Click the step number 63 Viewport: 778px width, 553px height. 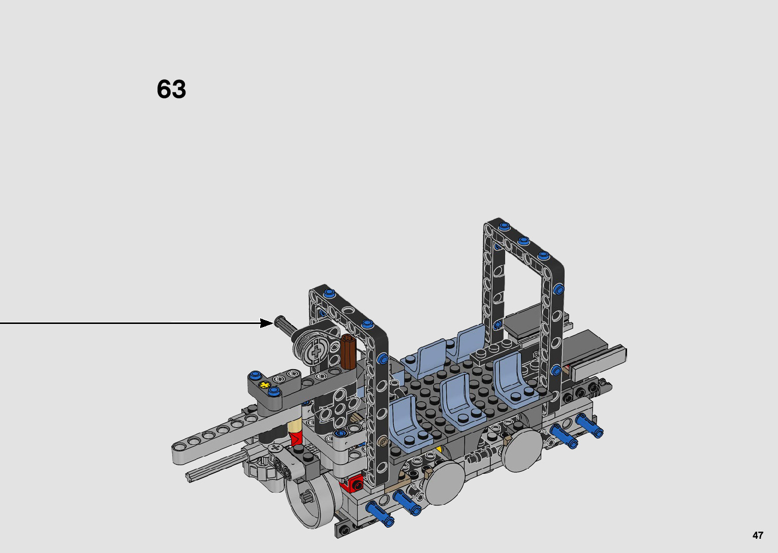click(171, 89)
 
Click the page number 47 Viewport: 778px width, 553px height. click(758, 535)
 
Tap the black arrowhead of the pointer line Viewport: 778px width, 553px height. click(267, 323)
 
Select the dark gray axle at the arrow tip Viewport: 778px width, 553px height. click(286, 326)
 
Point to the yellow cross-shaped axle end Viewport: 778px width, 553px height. click(265, 384)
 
